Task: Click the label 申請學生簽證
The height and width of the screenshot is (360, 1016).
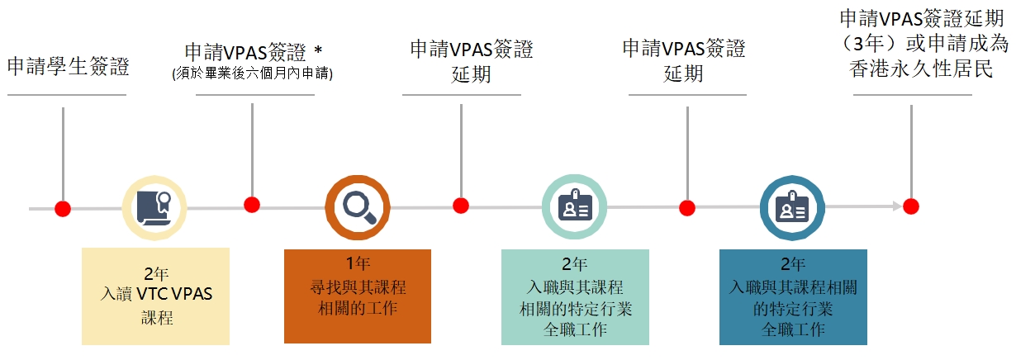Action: click(x=69, y=66)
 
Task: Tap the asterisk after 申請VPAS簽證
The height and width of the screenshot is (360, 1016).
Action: click(x=318, y=50)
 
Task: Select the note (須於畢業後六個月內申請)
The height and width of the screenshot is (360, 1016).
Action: click(x=252, y=73)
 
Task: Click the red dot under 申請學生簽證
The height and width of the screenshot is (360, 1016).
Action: click(x=63, y=209)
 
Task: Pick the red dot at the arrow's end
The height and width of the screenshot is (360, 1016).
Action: click(x=911, y=206)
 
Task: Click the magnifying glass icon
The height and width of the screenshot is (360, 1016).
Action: click(x=358, y=207)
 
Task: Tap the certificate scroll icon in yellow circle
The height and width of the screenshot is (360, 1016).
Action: click(x=154, y=208)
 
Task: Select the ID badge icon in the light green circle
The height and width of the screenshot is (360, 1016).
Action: click(x=575, y=206)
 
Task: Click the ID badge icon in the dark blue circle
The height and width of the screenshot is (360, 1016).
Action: click(x=792, y=206)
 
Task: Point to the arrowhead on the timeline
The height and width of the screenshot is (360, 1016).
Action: click(x=898, y=206)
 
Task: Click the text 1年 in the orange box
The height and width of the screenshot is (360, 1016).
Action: click(x=358, y=263)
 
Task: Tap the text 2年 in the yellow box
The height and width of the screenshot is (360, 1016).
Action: click(x=156, y=273)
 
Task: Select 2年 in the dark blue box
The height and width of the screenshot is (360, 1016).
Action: click(x=793, y=263)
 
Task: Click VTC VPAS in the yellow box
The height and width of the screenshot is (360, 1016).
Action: click(x=174, y=294)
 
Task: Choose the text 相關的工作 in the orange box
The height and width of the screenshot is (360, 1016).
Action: click(x=358, y=308)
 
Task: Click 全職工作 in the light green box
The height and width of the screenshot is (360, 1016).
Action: click(x=575, y=329)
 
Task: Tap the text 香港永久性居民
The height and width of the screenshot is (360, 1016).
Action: click(x=921, y=69)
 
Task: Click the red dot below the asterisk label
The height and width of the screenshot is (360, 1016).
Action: click(x=252, y=205)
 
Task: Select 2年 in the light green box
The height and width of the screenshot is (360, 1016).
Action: click(x=575, y=263)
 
